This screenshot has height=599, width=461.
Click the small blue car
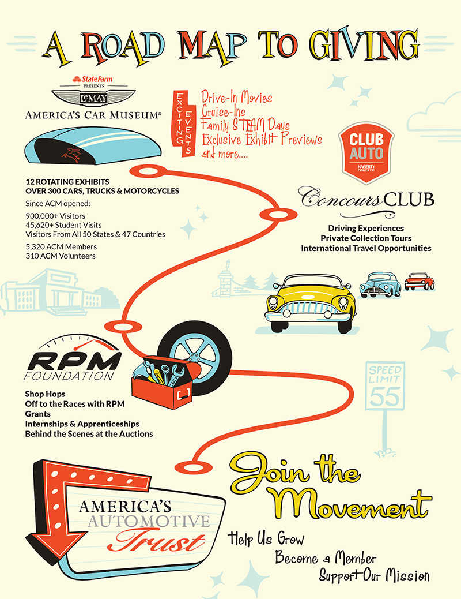(x=380, y=284)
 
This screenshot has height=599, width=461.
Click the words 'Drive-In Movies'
(x=237, y=98)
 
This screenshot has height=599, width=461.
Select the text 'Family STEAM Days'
(x=245, y=125)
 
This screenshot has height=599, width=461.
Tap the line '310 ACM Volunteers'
(x=61, y=256)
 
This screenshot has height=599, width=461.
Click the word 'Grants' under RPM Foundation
(x=37, y=414)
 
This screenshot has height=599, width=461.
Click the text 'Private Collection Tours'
(x=366, y=238)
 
